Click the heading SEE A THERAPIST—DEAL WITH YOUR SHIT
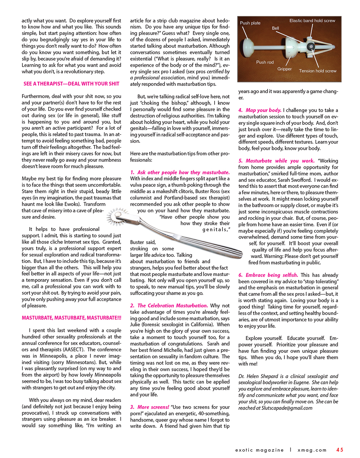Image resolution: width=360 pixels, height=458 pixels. tap(71, 84)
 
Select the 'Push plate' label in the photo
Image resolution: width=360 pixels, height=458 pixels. tap(250, 23)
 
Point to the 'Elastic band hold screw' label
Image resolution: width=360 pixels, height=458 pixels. tap(312, 21)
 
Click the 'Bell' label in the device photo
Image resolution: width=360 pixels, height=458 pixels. tap(275, 28)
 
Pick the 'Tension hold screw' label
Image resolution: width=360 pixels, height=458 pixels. tap(318, 71)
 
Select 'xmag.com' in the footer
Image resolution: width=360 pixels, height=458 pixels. tap(312, 450)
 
